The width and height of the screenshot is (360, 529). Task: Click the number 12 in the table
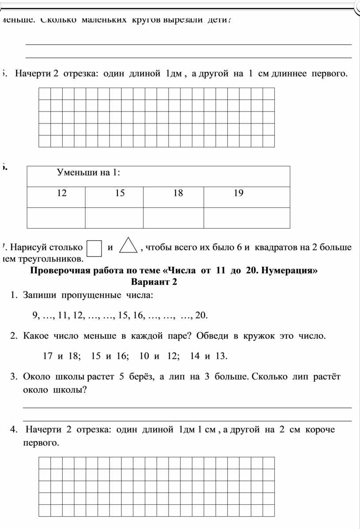point(61,193)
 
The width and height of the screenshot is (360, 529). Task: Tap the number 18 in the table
point(178,193)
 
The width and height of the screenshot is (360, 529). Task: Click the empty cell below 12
point(56,218)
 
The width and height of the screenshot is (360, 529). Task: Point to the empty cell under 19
point(247,218)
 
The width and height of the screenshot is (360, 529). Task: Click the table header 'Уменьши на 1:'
point(89,172)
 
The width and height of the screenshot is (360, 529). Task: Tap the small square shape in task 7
point(95,247)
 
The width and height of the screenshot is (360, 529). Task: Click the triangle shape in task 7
point(128,246)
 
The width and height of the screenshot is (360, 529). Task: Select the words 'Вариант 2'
point(154,282)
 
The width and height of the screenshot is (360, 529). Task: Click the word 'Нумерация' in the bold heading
point(289,271)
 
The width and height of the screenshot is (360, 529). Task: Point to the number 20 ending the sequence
point(200,315)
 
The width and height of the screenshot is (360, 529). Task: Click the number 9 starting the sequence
point(35,315)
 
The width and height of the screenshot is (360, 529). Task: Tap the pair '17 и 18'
point(61,356)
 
